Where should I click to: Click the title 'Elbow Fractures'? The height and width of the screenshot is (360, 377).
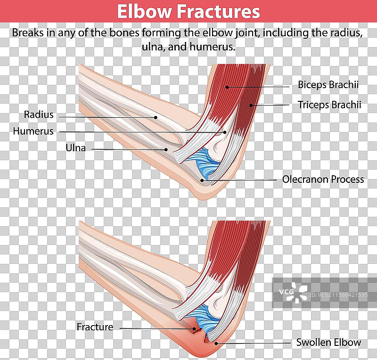pyautogui.click(x=188, y=11)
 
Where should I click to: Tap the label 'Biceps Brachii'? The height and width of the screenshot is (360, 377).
pyautogui.click(x=328, y=85)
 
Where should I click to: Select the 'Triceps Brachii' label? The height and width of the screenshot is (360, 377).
pyautogui.click(x=329, y=105)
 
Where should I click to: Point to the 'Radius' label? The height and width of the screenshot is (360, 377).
pyautogui.click(x=39, y=115)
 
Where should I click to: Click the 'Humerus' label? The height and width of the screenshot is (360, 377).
pyautogui.click(x=33, y=131)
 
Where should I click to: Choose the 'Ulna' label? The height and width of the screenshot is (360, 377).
pyautogui.click(x=75, y=148)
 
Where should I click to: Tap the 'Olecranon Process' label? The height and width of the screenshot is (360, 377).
pyautogui.click(x=323, y=180)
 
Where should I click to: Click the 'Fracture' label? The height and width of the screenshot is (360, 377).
pyautogui.click(x=95, y=327)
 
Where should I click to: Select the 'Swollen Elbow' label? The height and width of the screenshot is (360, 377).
pyautogui.click(x=328, y=343)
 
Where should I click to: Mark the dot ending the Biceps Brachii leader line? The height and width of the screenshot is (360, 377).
pyautogui.click(x=227, y=87)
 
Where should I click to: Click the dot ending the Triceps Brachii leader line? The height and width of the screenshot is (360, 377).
pyautogui.click(x=251, y=105)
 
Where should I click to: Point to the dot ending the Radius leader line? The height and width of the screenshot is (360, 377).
pyautogui.click(x=156, y=117)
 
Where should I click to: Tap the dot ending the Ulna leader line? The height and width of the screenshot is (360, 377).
pyautogui.click(x=166, y=150)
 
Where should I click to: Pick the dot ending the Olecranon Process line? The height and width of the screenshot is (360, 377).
pyautogui.click(x=202, y=180)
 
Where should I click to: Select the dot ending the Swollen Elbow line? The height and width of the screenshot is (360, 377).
pyautogui.click(x=216, y=343)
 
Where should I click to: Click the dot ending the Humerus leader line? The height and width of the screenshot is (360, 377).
pyautogui.click(x=225, y=132)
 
